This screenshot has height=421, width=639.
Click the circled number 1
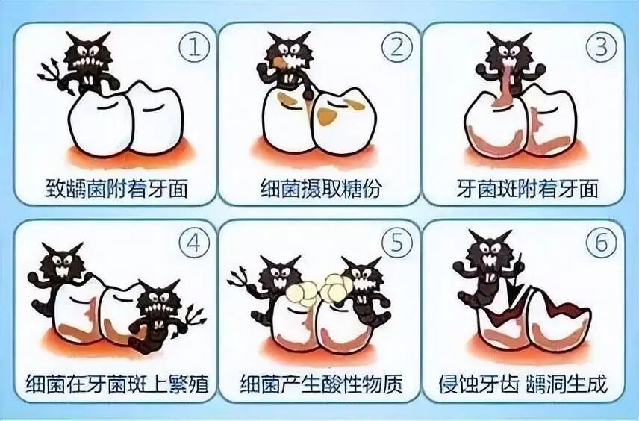[x=194, y=48]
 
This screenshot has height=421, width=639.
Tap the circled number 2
[x=396, y=48]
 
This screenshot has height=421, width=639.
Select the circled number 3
[x=602, y=47]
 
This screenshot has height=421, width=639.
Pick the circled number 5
[x=396, y=243]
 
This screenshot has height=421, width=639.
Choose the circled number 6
[x=602, y=243]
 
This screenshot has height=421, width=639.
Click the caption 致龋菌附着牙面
[x=117, y=189]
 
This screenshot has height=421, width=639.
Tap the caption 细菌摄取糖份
[x=320, y=189]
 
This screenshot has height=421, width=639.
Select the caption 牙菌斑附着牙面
[x=527, y=188]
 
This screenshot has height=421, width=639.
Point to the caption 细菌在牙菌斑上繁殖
[x=116, y=383]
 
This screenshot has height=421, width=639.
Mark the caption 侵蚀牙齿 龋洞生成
[x=523, y=383]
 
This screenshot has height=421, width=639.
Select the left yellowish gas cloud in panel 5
[x=302, y=292]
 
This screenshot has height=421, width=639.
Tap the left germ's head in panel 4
[x=63, y=261]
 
